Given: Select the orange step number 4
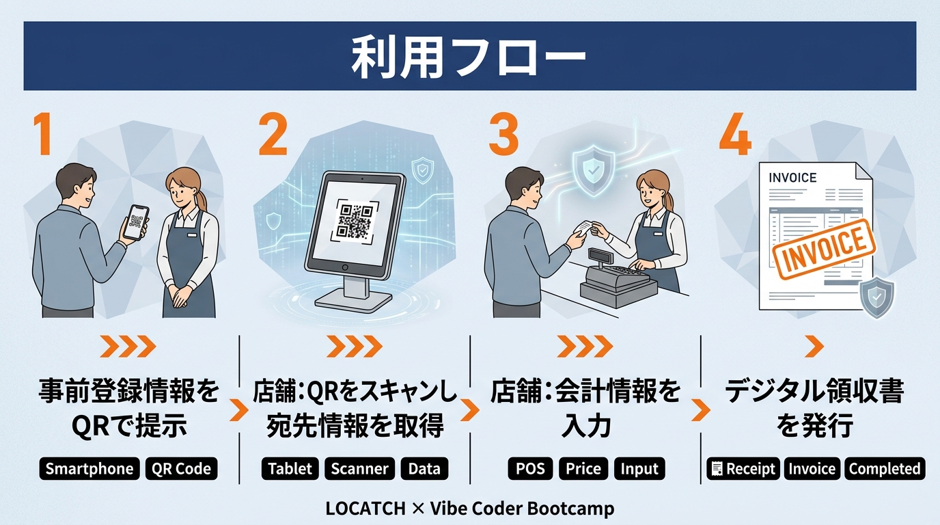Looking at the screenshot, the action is click(735, 135).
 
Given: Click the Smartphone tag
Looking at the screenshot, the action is click(89, 468).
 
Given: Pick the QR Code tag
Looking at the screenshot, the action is click(181, 468).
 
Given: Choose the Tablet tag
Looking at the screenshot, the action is click(290, 468).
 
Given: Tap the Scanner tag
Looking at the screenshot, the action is click(359, 468).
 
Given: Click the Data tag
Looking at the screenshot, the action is click(424, 468).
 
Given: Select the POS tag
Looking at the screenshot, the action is click(530, 468).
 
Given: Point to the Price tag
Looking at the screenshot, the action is click(583, 468).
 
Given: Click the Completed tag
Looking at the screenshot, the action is click(885, 468).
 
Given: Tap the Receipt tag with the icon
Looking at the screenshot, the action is click(743, 468).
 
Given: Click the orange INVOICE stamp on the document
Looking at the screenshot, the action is click(824, 249).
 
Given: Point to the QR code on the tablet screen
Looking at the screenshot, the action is click(355, 221).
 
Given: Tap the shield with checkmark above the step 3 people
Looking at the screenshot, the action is click(594, 170).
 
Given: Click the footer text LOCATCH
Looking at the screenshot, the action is click(365, 508).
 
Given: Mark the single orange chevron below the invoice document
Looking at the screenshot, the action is click(814, 347).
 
